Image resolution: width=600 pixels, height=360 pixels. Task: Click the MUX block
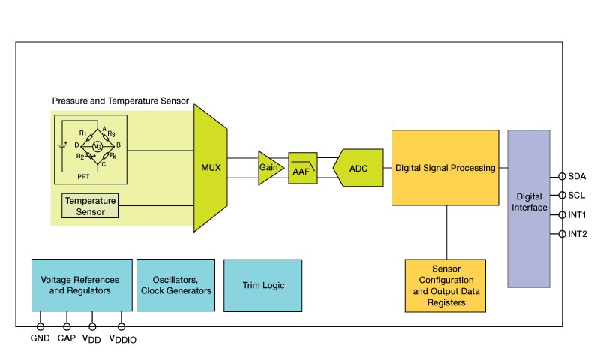211,167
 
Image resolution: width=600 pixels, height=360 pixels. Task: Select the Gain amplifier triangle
268,167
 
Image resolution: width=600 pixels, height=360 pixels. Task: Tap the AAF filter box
302,169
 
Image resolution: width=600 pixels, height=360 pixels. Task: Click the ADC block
359,167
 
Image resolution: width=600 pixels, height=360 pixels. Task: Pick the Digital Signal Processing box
445,167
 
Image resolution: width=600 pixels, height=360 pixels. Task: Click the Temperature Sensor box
90,206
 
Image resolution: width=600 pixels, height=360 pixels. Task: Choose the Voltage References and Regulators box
82,285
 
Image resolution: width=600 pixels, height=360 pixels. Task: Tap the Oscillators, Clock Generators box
175,285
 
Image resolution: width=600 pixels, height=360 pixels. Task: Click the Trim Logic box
263,285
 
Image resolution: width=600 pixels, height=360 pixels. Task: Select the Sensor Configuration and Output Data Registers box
445,286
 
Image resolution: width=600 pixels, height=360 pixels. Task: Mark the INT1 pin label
577,215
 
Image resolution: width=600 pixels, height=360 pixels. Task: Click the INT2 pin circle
561,234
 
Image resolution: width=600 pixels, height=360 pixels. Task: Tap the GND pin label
39,338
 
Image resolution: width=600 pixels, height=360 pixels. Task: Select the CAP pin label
67,338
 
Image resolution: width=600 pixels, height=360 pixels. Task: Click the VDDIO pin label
123,339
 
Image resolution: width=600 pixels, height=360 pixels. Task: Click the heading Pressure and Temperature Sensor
120,100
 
